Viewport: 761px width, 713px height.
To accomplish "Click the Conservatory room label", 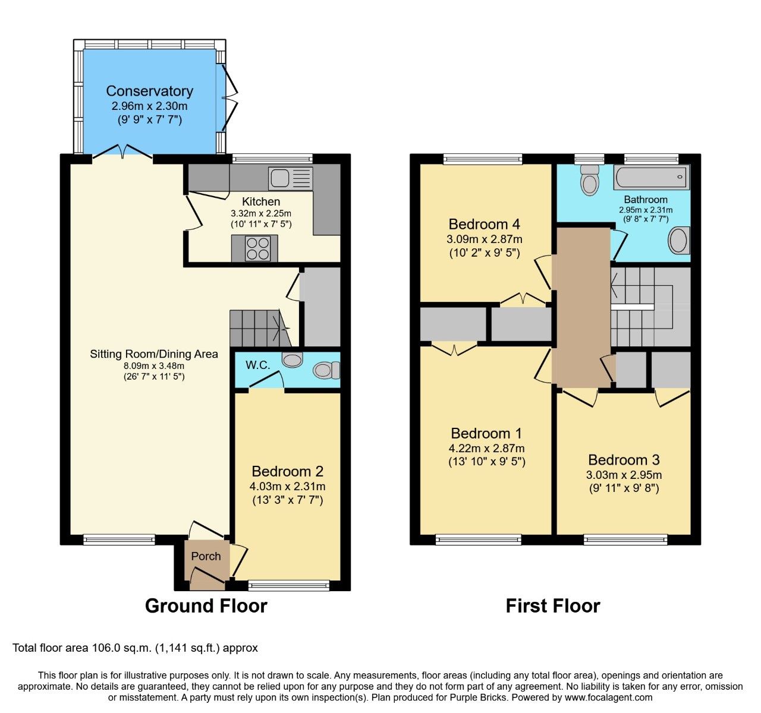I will coord(149,91).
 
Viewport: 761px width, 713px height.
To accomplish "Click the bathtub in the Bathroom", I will coord(651,178).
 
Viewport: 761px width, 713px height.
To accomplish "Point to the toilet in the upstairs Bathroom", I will coord(589,179).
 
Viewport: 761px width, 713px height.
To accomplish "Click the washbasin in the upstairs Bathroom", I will coord(679,241).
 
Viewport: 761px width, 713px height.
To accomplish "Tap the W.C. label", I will coord(258,365).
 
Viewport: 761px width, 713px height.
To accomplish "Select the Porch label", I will coord(206,557).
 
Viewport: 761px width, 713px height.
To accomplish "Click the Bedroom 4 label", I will coord(484,224).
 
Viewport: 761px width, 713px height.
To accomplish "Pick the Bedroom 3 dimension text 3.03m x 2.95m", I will coord(624,475).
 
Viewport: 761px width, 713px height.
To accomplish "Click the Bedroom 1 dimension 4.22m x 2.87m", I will coord(486,449).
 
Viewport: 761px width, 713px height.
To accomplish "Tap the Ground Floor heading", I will coord(206,605).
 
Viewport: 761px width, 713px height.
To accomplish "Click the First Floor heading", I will coord(552,605).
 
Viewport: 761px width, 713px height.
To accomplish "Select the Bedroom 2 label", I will coord(287,471).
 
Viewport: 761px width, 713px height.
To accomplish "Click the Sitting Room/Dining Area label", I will coord(153,354).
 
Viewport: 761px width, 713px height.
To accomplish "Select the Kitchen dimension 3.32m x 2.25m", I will coord(261,213).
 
